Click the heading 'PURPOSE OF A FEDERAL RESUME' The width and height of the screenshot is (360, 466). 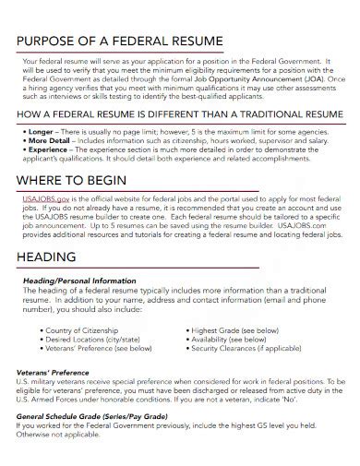[119, 42]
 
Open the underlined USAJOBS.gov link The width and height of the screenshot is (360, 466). [45, 199]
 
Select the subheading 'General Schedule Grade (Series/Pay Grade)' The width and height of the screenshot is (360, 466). [98, 416]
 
